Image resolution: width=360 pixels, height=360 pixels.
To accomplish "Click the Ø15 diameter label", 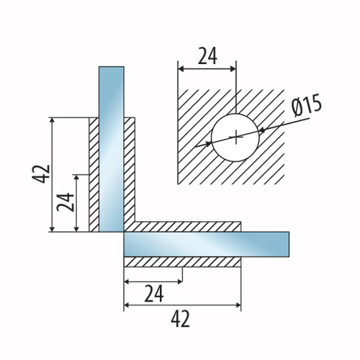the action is coord(307,105).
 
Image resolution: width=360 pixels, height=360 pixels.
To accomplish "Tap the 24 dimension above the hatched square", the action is coord(207,56).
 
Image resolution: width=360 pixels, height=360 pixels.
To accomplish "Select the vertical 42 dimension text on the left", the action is coord(40,174).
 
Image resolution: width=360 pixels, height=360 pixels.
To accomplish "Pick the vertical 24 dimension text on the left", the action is coord(66,202).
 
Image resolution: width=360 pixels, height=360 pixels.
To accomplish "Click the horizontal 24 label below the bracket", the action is coord(154,293).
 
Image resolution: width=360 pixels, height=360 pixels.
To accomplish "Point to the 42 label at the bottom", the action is coord(180,319).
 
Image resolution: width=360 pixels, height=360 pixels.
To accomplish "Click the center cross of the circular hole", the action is coord(236,138).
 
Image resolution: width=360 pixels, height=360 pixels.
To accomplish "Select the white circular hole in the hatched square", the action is coord(235,138).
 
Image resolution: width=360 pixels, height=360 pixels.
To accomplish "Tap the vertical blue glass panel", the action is coord(112,149).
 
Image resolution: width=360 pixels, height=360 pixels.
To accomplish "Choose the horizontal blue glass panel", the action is coord(207,244).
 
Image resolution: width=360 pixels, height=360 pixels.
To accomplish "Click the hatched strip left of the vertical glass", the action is coord(94,175).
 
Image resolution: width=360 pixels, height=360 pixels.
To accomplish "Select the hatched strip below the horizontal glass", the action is coord(182,262).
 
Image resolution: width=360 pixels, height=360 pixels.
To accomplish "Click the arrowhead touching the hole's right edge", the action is coord(261,130).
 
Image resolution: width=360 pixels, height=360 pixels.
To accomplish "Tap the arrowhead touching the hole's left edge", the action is coord(209,144).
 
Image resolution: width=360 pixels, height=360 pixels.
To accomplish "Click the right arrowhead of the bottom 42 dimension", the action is coord(238,305).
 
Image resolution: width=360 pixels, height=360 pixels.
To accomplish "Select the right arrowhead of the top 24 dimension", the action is coord(233,69).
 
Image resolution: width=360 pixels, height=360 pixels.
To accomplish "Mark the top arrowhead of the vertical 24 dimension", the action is coord(76,178).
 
